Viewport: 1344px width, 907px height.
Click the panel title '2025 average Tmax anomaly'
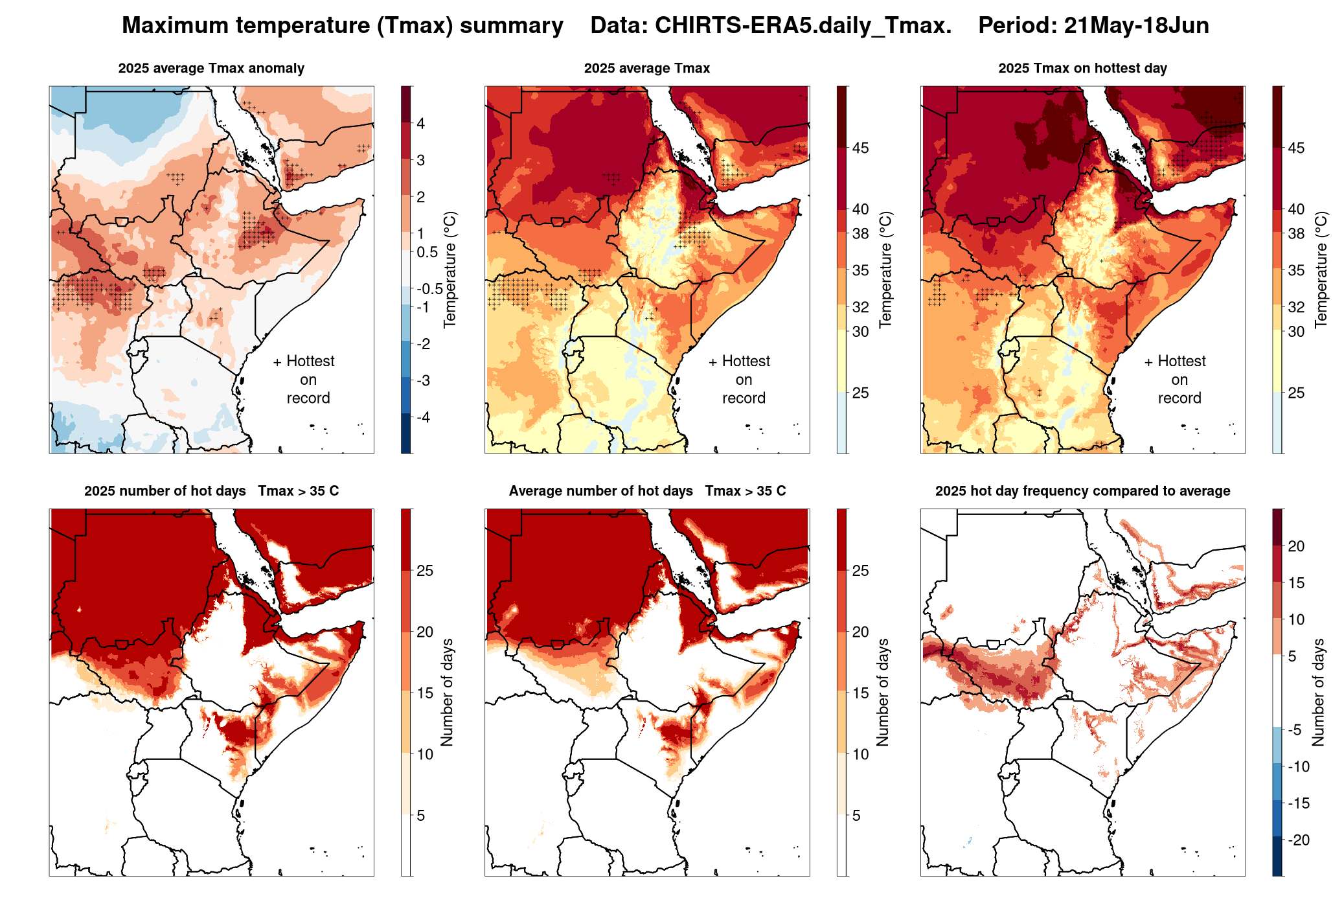pyautogui.click(x=211, y=68)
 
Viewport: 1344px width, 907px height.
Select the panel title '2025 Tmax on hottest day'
pyautogui.click(x=1082, y=68)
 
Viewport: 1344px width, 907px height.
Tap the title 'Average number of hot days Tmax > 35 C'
pyautogui.click(x=647, y=491)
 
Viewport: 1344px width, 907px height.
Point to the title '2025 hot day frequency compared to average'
pyautogui.click(x=1082, y=491)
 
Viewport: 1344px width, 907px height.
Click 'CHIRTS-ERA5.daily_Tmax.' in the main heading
pyautogui.click(x=803, y=25)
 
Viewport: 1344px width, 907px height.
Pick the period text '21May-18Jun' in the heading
pyautogui.click(x=1136, y=25)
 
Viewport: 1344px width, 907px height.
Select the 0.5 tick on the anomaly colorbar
pyautogui.click(x=427, y=252)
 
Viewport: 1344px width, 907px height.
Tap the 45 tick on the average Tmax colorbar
pyautogui.click(x=860, y=148)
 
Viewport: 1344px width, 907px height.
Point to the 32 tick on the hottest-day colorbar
pyautogui.click(x=1296, y=307)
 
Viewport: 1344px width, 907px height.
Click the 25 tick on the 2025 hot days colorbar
pyautogui.click(x=425, y=571)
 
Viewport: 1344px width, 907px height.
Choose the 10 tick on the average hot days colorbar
pyautogui.click(x=860, y=754)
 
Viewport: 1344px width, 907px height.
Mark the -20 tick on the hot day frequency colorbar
pyautogui.click(x=1297, y=840)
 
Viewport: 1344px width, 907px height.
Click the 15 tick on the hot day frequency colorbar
pyautogui.click(x=1296, y=583)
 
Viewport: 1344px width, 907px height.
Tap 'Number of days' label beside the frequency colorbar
pyautogui.click(x=1319, y=692)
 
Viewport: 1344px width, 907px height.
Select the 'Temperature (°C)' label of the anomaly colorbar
pyautogui.click(x=450, y=270)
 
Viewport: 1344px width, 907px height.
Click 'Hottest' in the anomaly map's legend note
pyautogui.click(x=310, y=361)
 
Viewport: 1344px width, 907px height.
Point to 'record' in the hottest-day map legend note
pyautogui.click(x=1179, y=398)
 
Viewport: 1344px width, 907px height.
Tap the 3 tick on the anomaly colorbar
pyautogui.click(x=421, y=160)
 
